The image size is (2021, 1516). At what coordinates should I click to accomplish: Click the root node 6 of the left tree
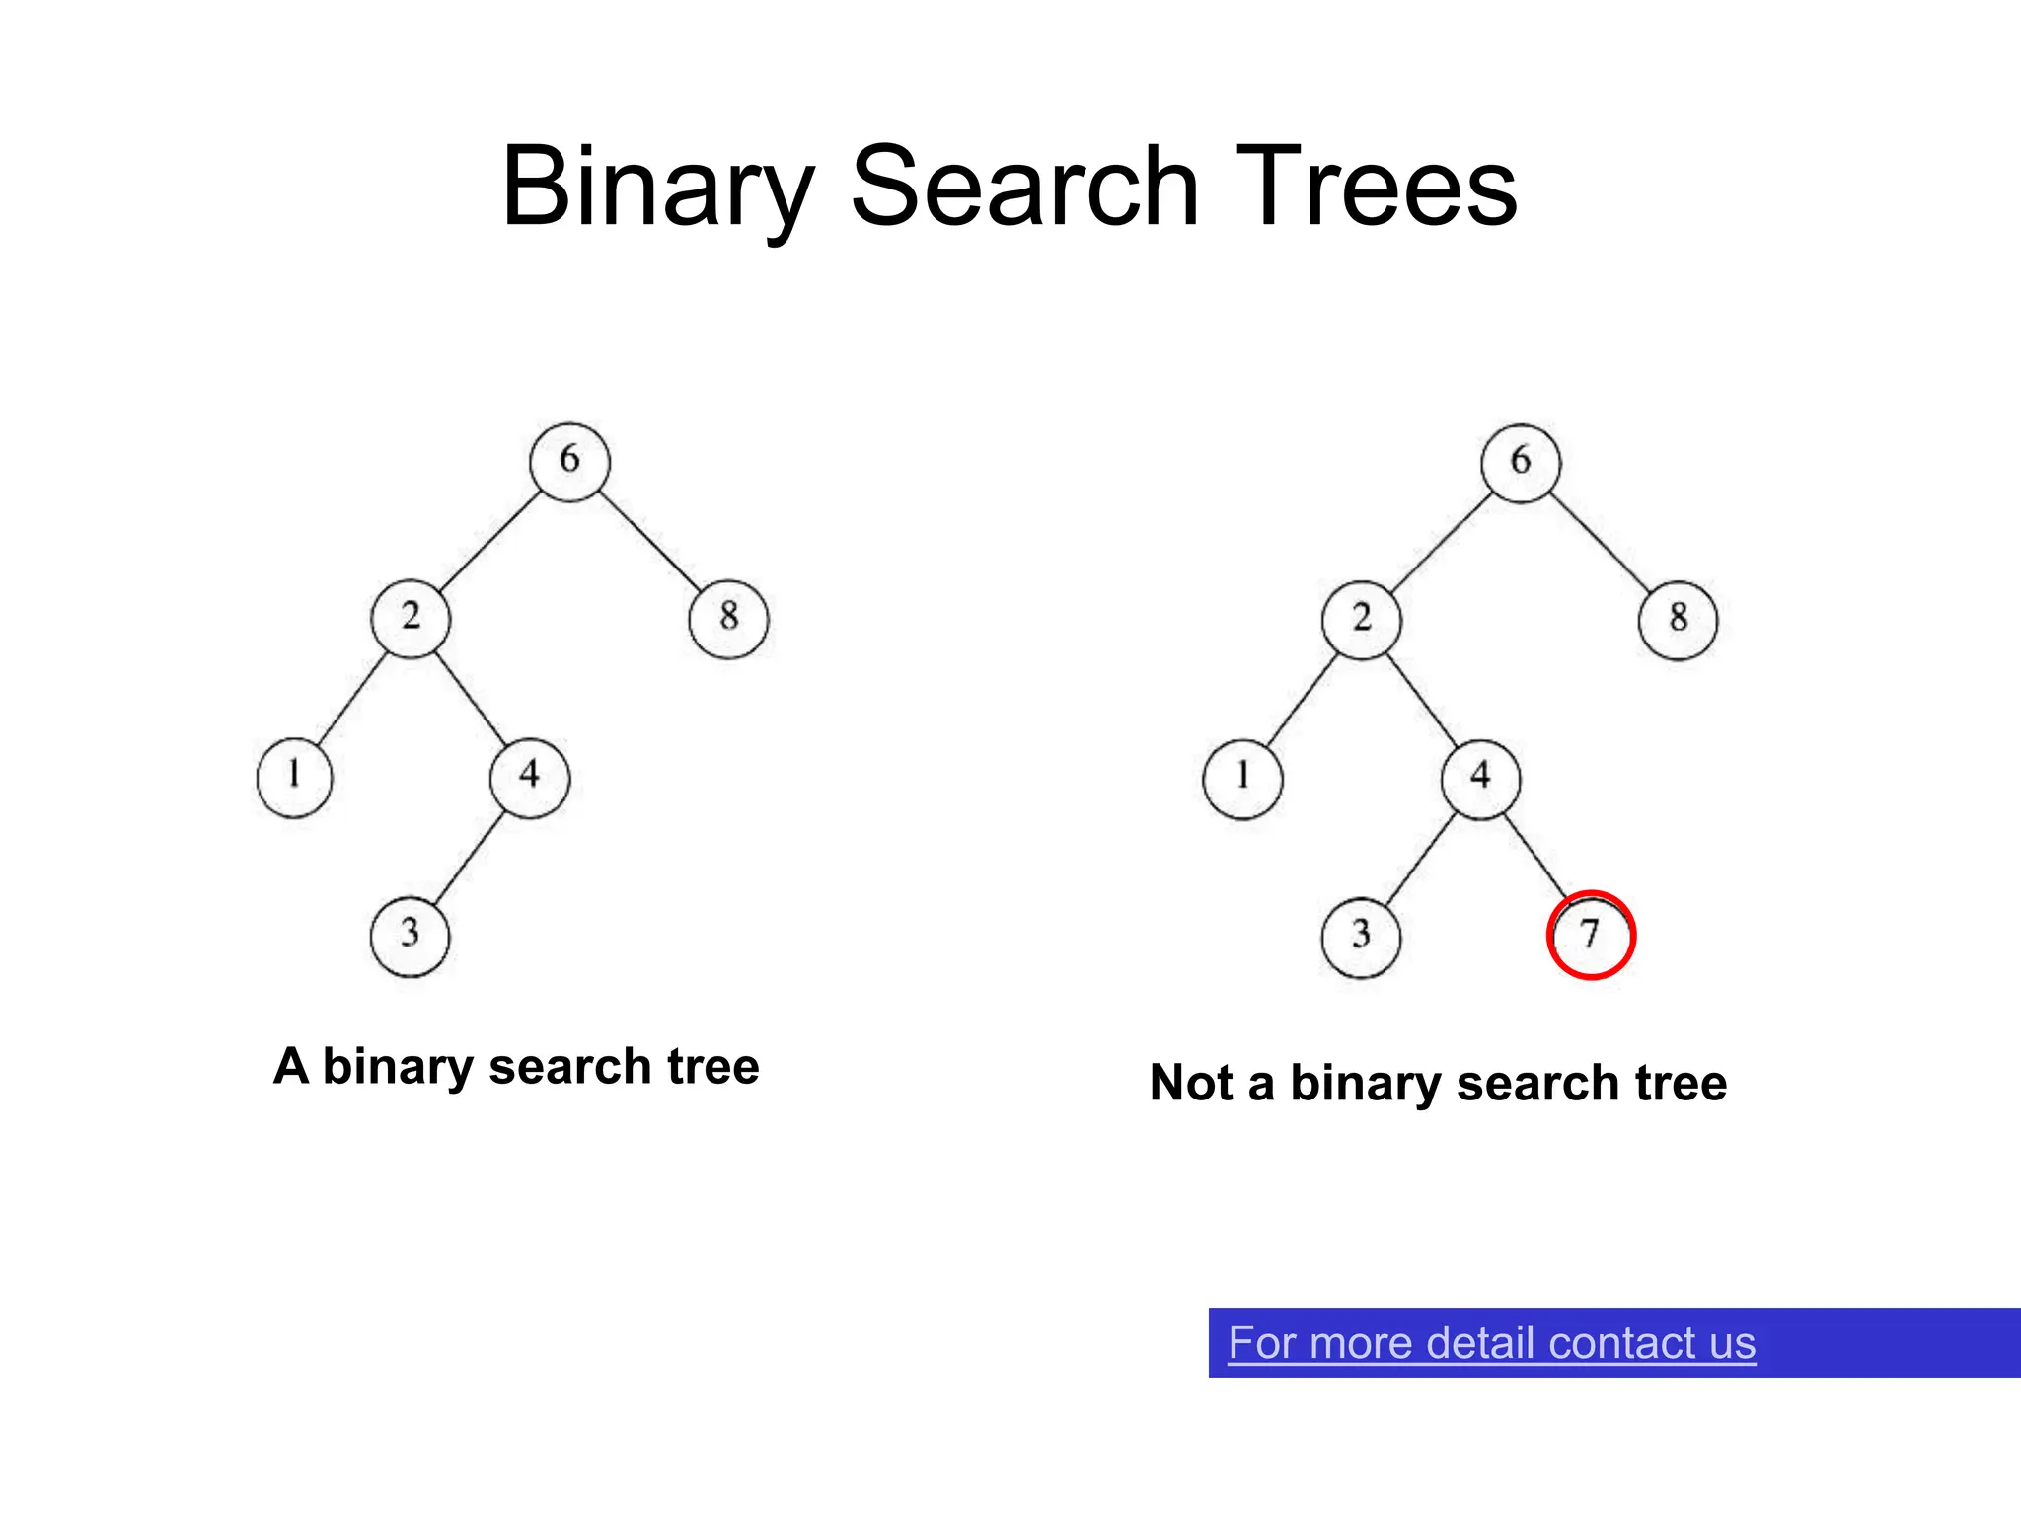click(569, 461)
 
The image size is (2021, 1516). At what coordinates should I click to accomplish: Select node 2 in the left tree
click(411, 618)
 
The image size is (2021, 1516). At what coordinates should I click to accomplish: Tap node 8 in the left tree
click(728, 619)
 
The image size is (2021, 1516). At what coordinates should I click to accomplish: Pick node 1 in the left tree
click(294, 777)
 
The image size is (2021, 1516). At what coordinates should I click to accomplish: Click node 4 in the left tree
click(530, 777)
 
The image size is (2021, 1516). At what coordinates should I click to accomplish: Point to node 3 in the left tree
click(410, 936)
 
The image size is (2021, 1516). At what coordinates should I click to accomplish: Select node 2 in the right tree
click(1362, 620)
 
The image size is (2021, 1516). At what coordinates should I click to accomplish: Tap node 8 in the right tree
click(1678, 620)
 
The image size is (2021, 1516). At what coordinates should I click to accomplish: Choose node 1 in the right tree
click(1242, 779)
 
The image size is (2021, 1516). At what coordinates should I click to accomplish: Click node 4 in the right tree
click(1480, 779)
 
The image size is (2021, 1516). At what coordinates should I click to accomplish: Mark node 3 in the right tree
click(1361, 937)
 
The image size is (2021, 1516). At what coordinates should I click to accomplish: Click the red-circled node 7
click(1591, 935)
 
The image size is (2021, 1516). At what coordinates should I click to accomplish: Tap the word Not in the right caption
click(1192, 1083)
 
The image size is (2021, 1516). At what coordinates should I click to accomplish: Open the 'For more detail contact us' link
click(1491, 1343)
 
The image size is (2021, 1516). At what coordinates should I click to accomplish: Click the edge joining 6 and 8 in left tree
click(649, 540)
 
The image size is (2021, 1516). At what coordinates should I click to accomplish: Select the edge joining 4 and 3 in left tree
click(469, 857)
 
